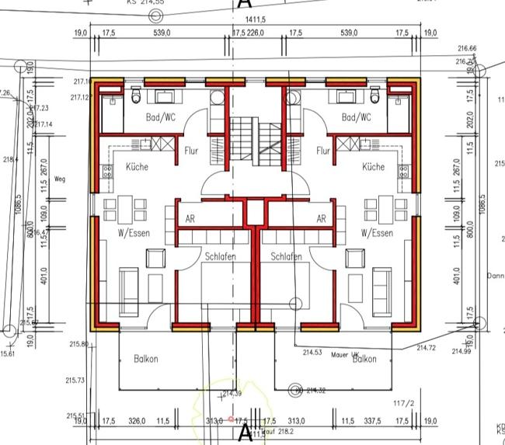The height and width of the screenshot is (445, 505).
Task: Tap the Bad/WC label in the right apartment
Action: (x=357, y=117)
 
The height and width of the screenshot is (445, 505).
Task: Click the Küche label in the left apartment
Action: (x=132, y=167)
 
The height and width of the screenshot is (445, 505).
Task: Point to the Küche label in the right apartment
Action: (x=373, y=167)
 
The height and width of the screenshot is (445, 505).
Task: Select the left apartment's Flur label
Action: (x=192, y=151)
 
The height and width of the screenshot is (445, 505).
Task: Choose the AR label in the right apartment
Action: (x=321, y=219)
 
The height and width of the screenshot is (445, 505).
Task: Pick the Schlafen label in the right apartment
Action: (x=286, y=256)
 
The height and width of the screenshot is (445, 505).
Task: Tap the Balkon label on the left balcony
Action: (x=145, y=359)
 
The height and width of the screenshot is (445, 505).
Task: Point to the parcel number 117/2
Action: (x=403, y=403)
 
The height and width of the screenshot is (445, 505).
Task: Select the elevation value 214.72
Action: (x=427, y=346)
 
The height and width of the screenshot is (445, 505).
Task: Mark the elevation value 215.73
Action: (x=76, y=381)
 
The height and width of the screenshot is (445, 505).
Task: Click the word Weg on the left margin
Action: (x=60, y=179)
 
